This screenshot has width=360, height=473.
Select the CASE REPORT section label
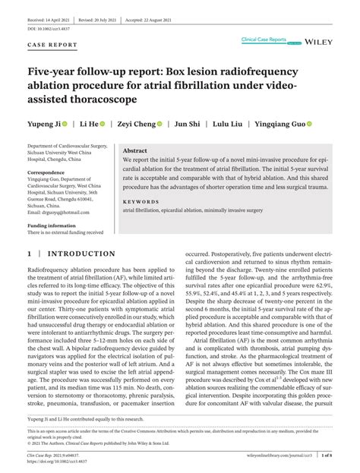[52, 44]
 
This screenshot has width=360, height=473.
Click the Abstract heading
[135, 151]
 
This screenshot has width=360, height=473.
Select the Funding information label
[52, 225]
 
